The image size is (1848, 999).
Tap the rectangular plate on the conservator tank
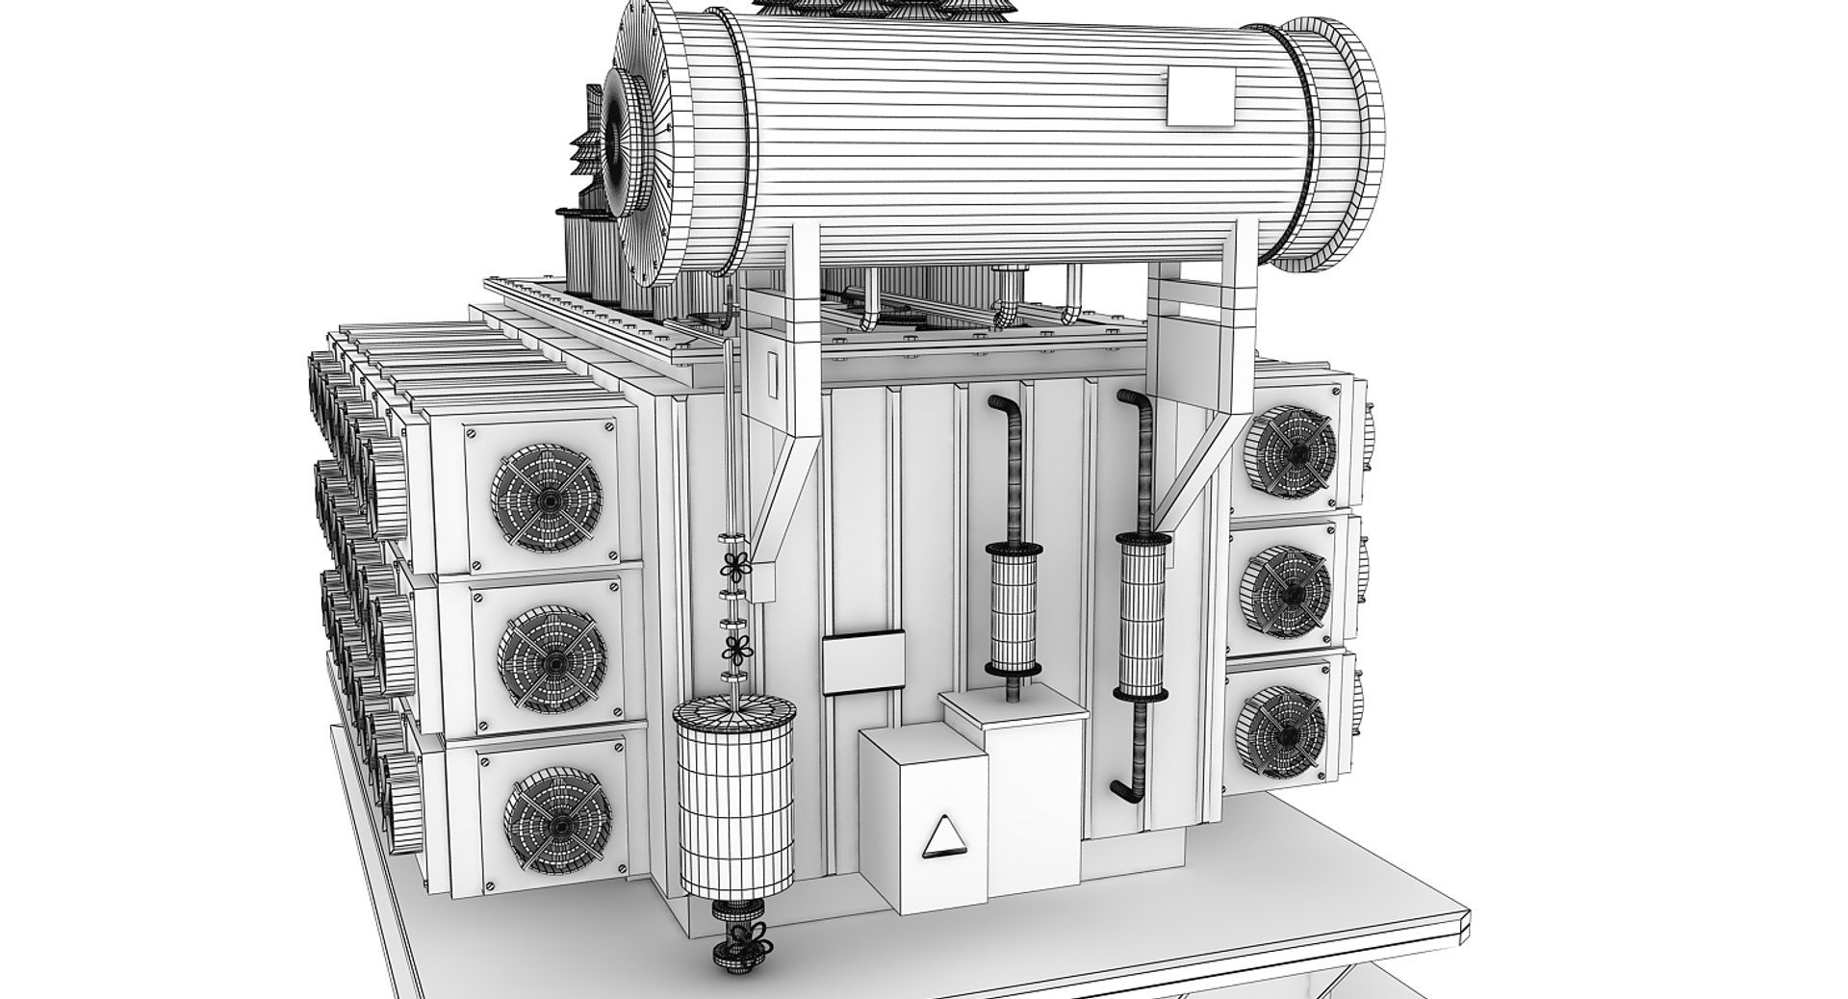(1200, 96)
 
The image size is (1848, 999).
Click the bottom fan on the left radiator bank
(557, 819)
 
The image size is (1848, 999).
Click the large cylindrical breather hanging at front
(736, 799)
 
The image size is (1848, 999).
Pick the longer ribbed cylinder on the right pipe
(1142, 616)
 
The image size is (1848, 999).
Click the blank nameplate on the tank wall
(862, 661)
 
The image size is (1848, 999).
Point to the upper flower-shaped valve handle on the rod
(737, 568)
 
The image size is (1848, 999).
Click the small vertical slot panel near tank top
(773, 373)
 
